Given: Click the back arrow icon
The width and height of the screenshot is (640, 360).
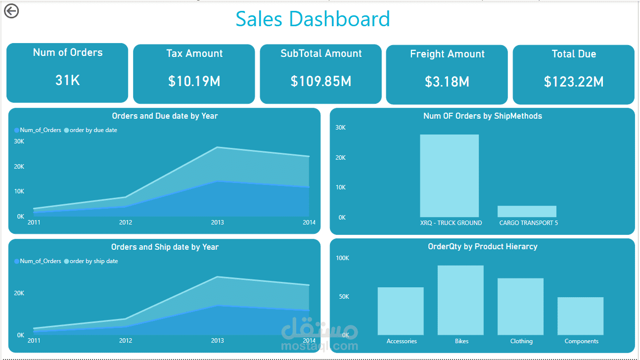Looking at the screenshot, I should click(11, 11).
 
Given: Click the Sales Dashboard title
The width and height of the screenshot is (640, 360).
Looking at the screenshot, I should click(313, 19).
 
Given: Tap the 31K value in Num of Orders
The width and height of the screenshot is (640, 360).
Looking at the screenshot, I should click(67, 80).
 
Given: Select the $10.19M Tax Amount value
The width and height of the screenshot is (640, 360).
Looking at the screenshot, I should click(194, 81).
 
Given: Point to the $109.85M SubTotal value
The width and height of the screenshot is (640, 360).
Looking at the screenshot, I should click(320, 81).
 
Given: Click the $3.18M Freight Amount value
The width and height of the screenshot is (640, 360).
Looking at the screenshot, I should click(447, 82).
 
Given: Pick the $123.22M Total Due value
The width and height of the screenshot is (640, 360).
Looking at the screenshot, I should click(573, 82).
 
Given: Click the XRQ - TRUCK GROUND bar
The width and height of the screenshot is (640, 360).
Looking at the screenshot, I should click(449, 176).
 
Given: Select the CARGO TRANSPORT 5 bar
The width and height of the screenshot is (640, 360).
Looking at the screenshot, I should click(527, 211).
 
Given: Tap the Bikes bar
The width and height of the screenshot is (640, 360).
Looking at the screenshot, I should click(460, 300).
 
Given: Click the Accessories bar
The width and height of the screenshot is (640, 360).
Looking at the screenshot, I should click(401, 311).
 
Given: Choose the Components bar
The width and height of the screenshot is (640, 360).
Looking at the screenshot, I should click(580, 316).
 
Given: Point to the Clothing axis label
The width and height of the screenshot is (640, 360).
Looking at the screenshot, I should click(521, 341).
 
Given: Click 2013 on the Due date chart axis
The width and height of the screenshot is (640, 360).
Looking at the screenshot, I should click(217, 223).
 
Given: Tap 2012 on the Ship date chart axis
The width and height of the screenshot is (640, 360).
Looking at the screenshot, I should click(126, 341).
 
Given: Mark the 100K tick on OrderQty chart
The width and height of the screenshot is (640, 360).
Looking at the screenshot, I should click(342, 258).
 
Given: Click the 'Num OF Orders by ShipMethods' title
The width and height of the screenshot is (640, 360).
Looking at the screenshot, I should click(482, 116).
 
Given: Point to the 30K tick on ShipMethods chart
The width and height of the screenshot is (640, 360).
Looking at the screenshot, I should click(340, 128).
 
